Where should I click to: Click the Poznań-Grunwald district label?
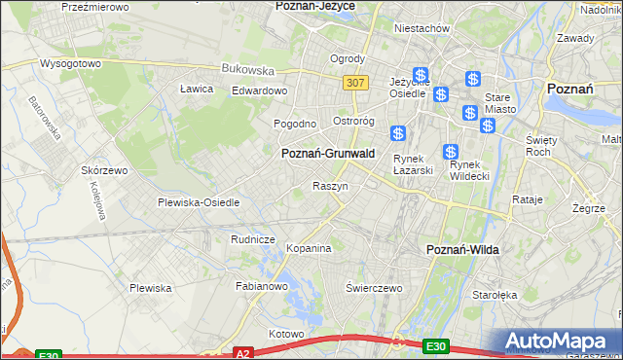pyautogui.click(x=327, y=153)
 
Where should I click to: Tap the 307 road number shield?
pyautogui.click(x=355, y=83)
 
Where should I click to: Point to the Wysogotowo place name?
pyautogui.click(x=70, y=63)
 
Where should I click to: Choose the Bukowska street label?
pyautogui.click(x=248, y=69)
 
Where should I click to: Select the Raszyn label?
pyautogui.click(x=330, y=186)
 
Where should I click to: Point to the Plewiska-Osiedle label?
pyautogui.click(x=199, y=202)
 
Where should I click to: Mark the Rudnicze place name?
pyautogui.click(x=253, y=239)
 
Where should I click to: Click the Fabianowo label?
pyautogui.click(x=262, y=286)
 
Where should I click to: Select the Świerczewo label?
pyautogui.click(x=374, y=288)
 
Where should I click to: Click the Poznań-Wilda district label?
pyautogui.click(x=463, y=250)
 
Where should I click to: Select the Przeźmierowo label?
pyautogui.click(x=95, y=6)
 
